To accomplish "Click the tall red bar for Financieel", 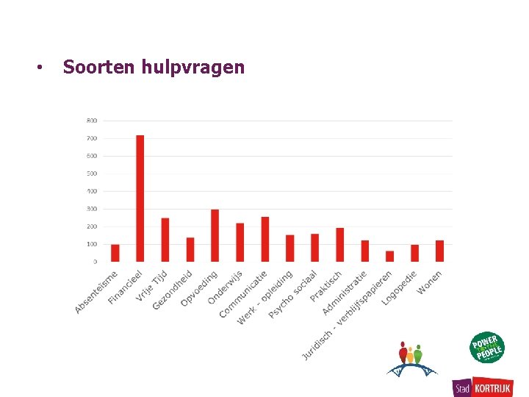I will (140, 198).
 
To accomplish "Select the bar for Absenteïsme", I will (115, 253).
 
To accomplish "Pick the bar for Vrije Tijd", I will (165, 240).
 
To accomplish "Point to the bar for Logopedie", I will (414, 253).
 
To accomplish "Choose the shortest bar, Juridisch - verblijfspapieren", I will (389, 256).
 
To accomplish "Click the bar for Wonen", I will (439, 251).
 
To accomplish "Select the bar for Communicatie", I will (264, 239).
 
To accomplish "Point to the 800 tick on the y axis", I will (92, 121).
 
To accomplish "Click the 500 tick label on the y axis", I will (92, 174).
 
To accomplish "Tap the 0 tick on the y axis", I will (94, 262).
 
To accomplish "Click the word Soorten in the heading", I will (89, 68).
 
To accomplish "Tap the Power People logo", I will (488, 348).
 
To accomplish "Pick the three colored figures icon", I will (411, 357).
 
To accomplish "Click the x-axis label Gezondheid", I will (172, 290).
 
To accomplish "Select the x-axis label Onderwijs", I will (223, 287).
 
